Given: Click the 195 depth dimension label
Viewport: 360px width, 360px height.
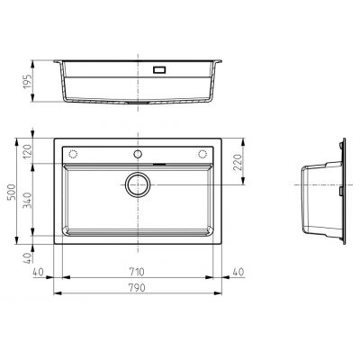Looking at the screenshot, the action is (x=28, y=81).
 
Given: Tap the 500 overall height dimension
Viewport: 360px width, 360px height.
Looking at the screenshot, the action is (x=12, y=192).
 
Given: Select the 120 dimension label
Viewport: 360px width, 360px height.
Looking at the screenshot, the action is (x=28, y=151).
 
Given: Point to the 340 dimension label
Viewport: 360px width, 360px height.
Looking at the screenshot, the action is (x=28, y=200).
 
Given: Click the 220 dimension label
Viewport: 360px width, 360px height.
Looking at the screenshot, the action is (x=238, y=162).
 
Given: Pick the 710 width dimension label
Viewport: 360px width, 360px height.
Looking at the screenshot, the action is (x=137, y=272).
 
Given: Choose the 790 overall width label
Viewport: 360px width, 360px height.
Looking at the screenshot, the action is (x=137, y=288).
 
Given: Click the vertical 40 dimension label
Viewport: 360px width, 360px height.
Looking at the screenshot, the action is (x=28, y=258).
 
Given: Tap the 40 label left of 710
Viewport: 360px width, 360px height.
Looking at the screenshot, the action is (x=38, y=272).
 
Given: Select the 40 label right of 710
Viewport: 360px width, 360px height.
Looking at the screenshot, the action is (x=238, y=272).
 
